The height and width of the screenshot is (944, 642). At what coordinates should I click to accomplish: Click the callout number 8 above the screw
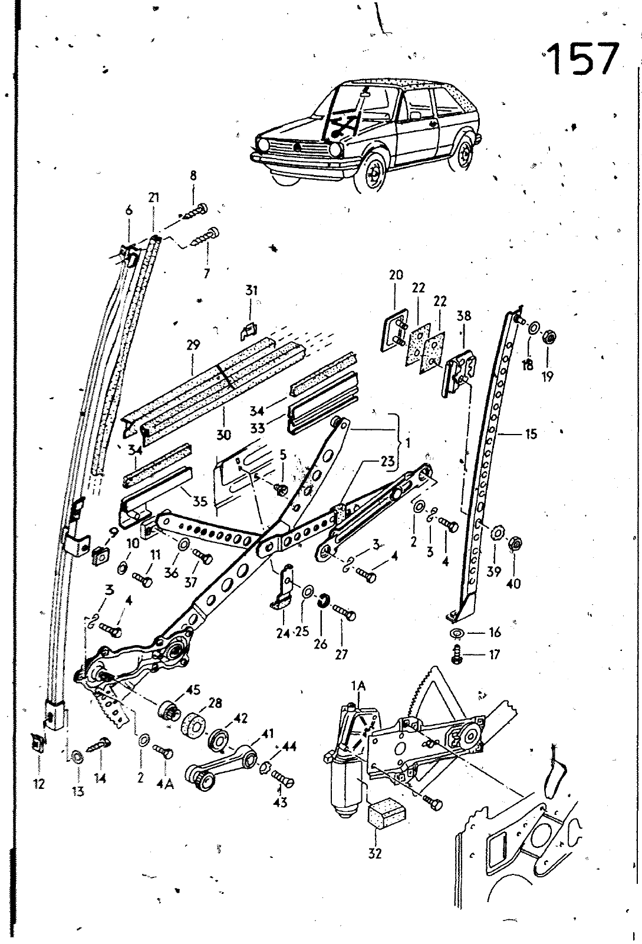click(x=193, y=176)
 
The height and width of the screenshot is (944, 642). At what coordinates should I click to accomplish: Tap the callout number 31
click(x=252, y=291)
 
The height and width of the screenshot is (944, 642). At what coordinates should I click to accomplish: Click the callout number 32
click(x=376, y=853)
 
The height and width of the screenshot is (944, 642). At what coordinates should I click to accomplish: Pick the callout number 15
click(x=531, y=435)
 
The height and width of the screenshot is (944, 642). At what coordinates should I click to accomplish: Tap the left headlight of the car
click(x=263, y=143)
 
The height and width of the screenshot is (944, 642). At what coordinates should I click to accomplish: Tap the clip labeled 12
click(x=38, y=742)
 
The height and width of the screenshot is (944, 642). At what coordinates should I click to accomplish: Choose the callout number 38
click(x=464, y=316)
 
